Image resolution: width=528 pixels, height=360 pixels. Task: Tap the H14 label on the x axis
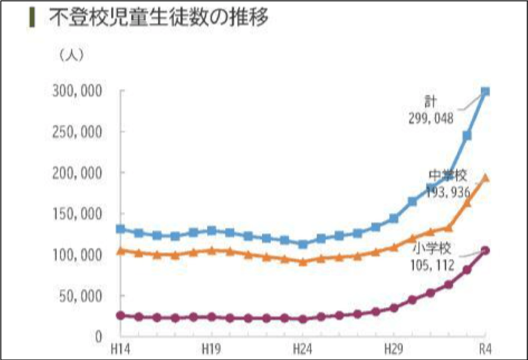point(120,350)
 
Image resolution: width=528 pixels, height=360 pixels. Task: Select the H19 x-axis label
point(211,350)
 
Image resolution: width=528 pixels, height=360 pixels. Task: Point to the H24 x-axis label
point(302,350)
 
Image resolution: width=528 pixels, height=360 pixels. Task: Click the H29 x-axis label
point(394,350)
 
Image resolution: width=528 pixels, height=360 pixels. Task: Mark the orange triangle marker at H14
point(121,250)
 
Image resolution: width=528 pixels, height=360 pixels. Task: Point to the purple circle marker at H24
point(302,319)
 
